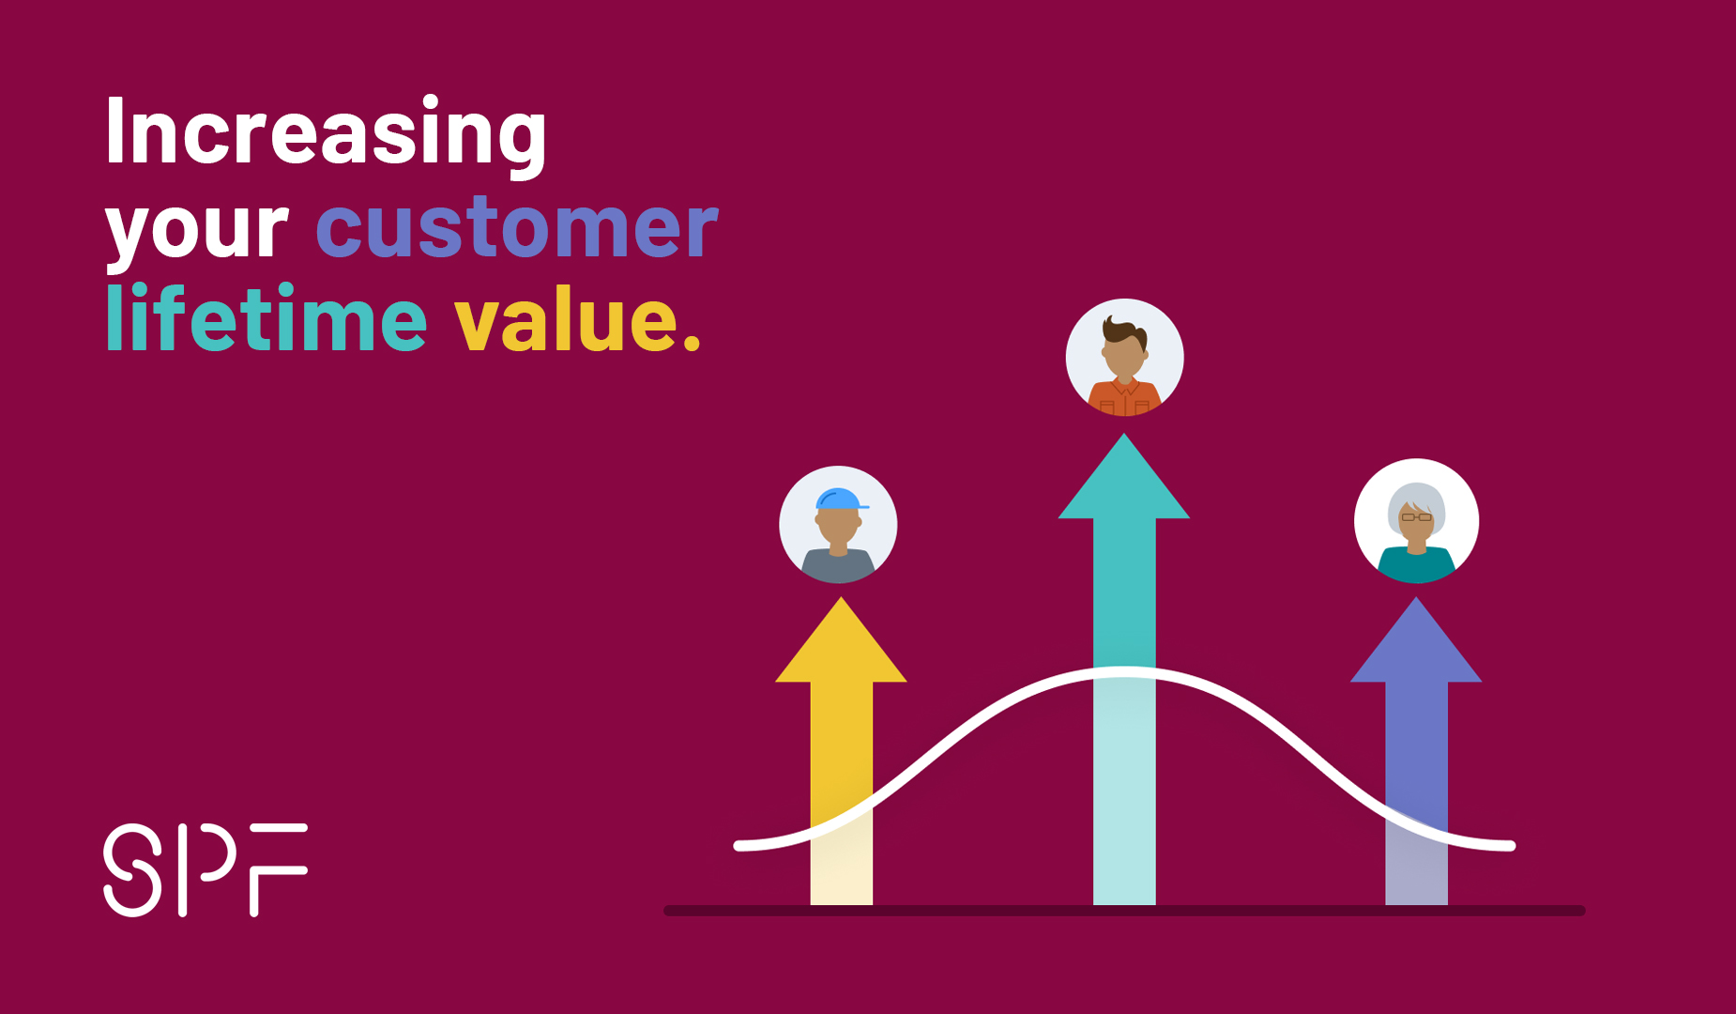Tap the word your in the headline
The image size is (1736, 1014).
coord(197,230)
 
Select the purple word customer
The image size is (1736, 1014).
coord(517,226)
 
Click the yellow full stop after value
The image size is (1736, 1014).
coord(692,343)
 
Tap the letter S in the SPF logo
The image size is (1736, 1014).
coord(133,870)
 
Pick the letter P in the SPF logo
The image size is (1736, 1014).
coord(206,870)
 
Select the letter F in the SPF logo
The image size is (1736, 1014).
coord(279,870)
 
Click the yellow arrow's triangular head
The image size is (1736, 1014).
coord(841,643)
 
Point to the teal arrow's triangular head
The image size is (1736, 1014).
coord(1124,479)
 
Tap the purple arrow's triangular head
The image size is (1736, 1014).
coord(1416,643)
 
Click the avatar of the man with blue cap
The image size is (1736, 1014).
coord(838,525)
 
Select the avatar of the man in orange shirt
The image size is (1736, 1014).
coord(1125,358)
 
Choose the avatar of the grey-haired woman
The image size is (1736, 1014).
coord(1417,521)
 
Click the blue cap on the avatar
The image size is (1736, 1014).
coord(840,499)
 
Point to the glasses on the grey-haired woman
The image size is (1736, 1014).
coord(1417,517)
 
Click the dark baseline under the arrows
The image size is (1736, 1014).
coord(1124,911)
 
